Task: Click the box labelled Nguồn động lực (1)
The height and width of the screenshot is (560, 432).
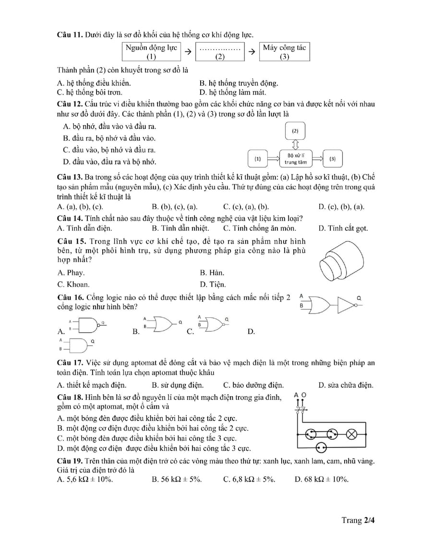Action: coord(152,52)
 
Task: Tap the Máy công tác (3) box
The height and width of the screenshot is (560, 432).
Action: coord(284,52)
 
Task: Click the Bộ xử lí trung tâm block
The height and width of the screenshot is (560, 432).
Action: coord(296,159)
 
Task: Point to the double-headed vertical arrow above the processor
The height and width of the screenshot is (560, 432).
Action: coord(295,144)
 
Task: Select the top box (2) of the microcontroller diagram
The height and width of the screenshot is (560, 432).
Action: coord(295,131)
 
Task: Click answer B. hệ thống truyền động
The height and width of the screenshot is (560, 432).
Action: coord(239,83)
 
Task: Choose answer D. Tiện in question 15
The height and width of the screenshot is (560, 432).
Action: coord(213,284)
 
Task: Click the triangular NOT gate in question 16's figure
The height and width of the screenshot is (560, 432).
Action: coord(347,304)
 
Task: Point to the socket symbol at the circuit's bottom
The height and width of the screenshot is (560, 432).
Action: coord(321,448)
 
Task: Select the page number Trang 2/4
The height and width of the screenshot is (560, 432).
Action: coord(358,520)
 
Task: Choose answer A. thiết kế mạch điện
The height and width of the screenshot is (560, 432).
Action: coord(92,385)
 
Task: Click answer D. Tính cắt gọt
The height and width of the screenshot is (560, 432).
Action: coord(343,228)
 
